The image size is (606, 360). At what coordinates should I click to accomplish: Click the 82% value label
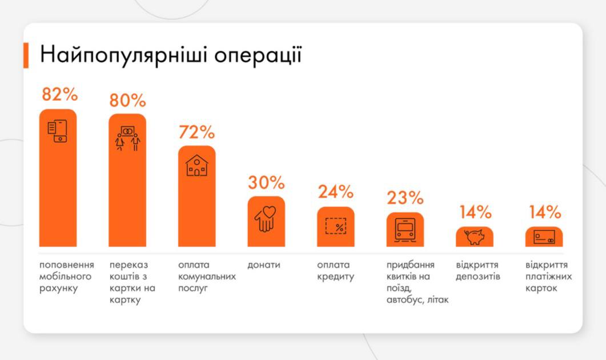coord(59,95)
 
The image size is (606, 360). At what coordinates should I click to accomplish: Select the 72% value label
coord(196,132)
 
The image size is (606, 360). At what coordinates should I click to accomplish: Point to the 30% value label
coord(266,183)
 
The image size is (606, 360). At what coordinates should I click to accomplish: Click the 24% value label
coord(336,192)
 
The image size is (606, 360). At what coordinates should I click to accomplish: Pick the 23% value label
coord(406,198)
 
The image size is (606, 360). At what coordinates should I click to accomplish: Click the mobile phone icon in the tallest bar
coord(57,131)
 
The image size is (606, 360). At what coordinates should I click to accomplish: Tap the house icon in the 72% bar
coord(197,165)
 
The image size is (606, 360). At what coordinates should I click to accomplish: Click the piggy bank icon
coord(474,237)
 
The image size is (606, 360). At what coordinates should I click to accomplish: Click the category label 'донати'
coord(264,265)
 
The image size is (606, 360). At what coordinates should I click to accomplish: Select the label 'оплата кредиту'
coord(336,271)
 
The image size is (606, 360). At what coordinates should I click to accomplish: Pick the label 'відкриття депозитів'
coord(478,271)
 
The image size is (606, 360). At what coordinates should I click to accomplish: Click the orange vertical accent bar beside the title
coord(26,55)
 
